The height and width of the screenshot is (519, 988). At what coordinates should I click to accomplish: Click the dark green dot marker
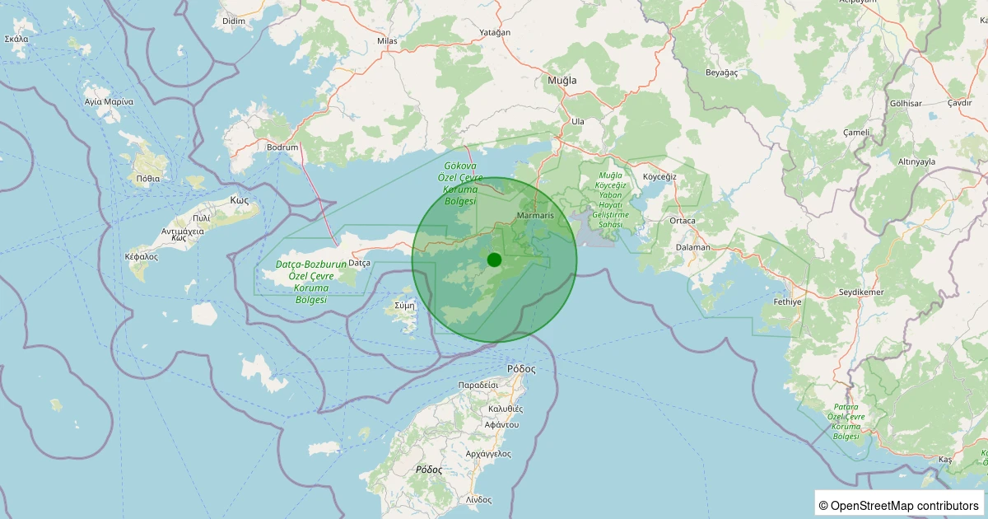point(494,259)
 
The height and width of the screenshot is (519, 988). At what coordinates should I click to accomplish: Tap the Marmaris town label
point(535,216)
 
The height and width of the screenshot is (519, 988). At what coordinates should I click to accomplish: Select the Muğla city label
point(562,81)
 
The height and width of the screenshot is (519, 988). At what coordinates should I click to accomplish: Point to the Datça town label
point(360,262)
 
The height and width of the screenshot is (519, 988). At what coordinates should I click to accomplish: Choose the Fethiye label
point(788,302)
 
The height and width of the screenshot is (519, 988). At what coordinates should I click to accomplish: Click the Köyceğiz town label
point(659,177)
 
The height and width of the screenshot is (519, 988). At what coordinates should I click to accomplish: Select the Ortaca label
point(683,221)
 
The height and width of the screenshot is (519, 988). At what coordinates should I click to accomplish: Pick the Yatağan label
point(495,33)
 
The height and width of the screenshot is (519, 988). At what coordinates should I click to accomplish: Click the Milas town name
point(387,40)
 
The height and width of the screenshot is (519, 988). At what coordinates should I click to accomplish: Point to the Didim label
point(234,20)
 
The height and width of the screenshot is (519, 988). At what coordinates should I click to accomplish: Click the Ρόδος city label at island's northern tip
point(521,369)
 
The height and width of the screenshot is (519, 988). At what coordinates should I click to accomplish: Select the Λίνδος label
point(478,499)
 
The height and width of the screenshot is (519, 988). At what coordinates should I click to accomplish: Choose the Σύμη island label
point(404,305)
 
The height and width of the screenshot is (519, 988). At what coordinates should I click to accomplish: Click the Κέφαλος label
point(142,256)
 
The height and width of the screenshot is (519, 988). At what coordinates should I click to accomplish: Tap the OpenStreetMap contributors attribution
point(898,505)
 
